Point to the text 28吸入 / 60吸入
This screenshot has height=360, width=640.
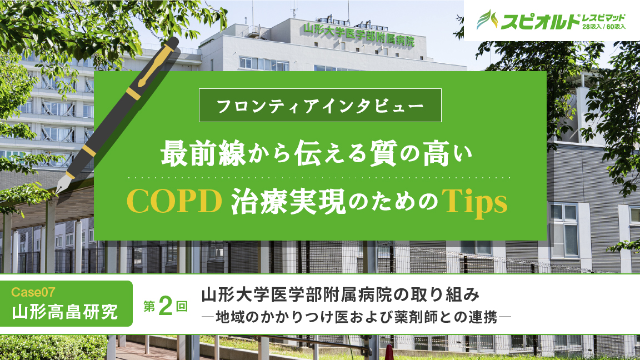click(x=604, y=26)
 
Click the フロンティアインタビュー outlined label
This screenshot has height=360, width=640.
click(x=320, y=105)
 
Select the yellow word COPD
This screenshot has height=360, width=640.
click(x=174, y=203)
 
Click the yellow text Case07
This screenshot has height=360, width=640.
click(x=32, y=291)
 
